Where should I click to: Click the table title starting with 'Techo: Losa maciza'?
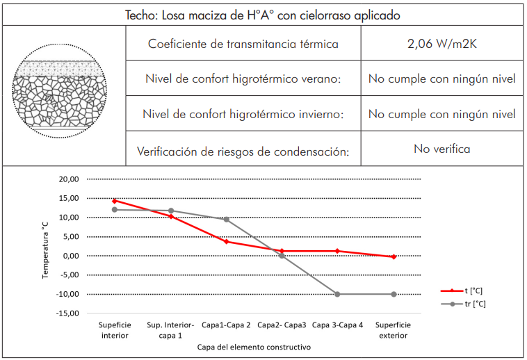pos(263,14)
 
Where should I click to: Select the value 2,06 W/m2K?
pos(441,44)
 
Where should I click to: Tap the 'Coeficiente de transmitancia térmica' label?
pos(243,44)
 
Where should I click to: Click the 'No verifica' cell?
pos(441,149)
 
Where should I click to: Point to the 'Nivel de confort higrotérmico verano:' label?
pos(243,79)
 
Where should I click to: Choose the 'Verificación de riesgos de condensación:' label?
pos(243,150)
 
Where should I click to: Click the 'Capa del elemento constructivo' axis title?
pos(254,347)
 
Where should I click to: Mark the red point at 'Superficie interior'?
pos(115,201)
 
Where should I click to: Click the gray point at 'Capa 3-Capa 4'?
pos(337,294)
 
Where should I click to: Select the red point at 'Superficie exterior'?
pos(394,256)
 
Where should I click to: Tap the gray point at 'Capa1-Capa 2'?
pos(226,220)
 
